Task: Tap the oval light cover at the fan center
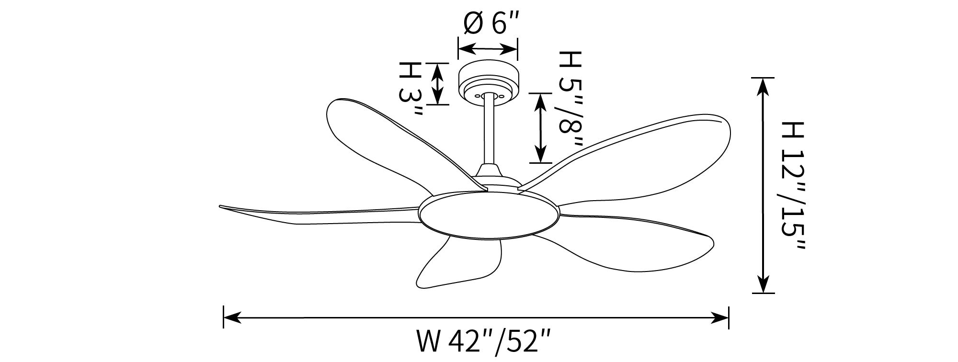489,216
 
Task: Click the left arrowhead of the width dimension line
232,317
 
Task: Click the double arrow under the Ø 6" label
488,49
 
